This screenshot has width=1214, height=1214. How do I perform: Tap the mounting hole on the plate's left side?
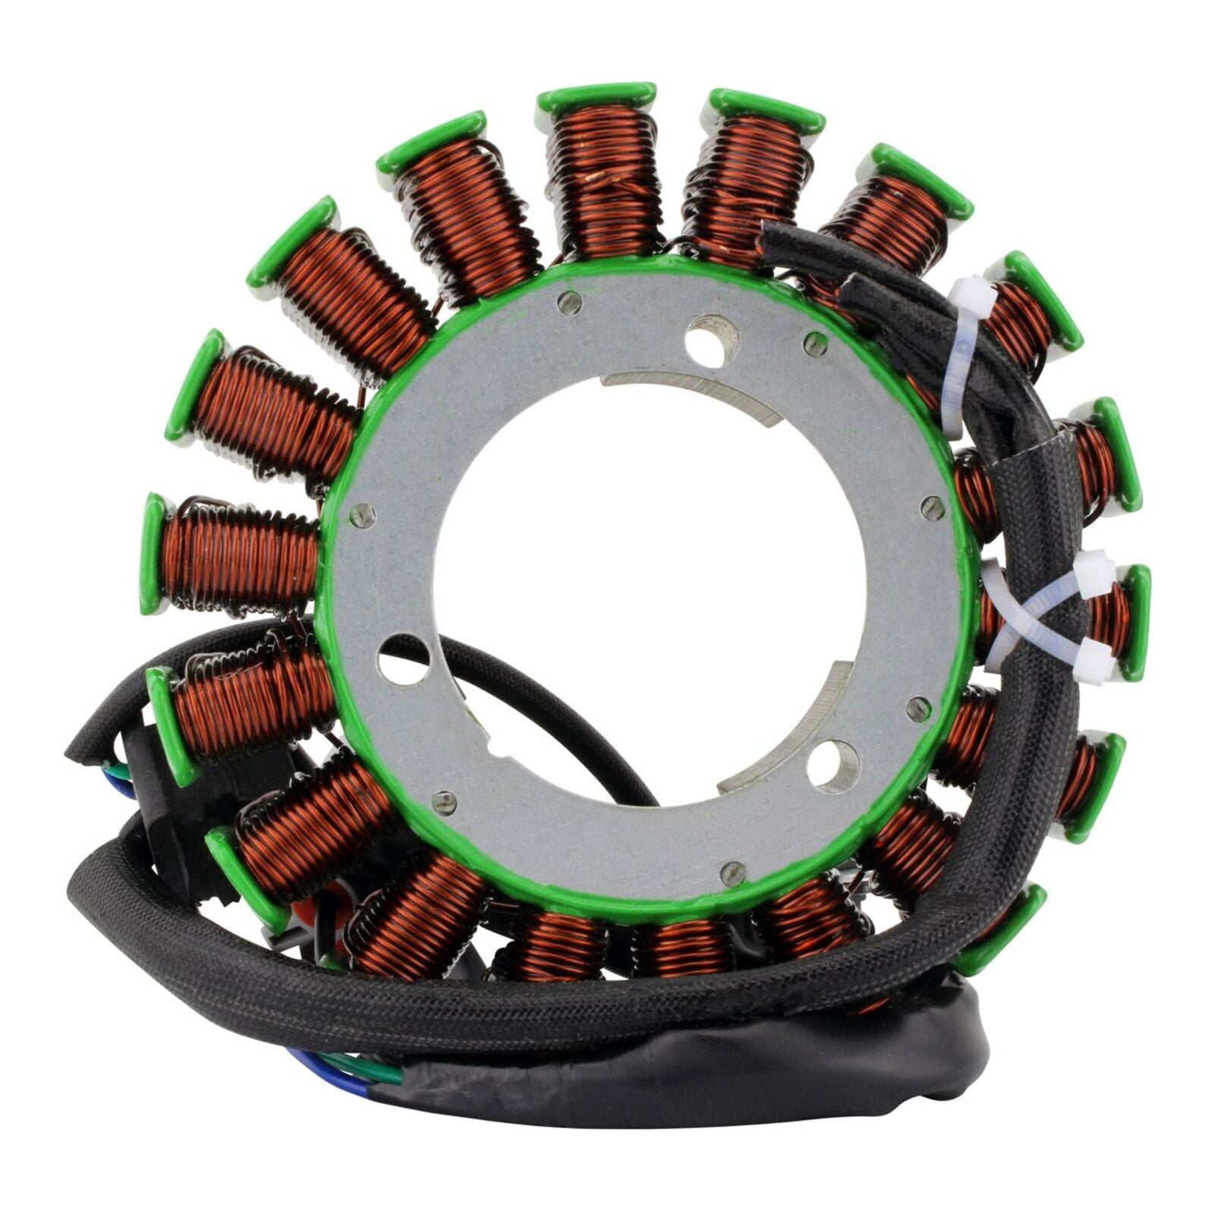click(403, 659)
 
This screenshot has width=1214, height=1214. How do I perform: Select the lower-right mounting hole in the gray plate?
click(832, 767)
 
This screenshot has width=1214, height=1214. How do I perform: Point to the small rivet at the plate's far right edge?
click(933, 507)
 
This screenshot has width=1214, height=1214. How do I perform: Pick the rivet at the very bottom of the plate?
click(732, 871)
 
